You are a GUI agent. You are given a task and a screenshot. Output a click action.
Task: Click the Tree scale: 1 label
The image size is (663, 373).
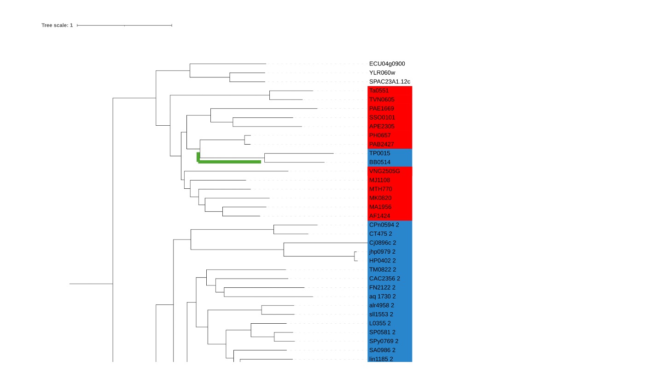click(x=57, y=25)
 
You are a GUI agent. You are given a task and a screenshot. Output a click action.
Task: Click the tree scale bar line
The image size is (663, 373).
click(x=124, y=25)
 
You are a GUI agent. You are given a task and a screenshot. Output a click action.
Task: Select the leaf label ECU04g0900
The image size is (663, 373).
click(x=387, y=64)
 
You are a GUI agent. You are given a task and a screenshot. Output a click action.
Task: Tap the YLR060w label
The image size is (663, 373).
click(x=382, y=73)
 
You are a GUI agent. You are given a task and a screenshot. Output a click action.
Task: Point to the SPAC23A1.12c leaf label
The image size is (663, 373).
click(x=390, y=82)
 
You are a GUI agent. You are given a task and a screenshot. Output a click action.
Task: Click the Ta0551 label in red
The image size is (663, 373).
click(x=379, y=91)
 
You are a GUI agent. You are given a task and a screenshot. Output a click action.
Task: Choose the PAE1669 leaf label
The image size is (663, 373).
click(x=382, y=109)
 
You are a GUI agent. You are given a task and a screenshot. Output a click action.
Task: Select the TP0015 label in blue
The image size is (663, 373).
click(x=379, y=153)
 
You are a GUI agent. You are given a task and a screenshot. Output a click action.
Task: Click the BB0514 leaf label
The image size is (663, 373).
click(x=380, y=162)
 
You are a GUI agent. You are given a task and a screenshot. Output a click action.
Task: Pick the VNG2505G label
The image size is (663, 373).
click(x=384, y=171)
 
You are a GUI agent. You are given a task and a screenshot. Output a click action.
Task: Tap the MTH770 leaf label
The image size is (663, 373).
click(x=380, y=189)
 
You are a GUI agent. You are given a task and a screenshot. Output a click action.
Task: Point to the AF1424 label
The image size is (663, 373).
click(x=379, y=216)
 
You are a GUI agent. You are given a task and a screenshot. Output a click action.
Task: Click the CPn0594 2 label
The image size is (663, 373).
click(x=384, y=225)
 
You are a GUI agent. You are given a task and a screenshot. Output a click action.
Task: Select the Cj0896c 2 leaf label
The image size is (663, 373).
click(x=383, y=243)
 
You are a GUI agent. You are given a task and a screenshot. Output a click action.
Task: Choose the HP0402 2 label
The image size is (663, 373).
click(x=383, y=261)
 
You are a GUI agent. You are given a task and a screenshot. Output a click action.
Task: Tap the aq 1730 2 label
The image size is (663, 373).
click(x=383, y=297)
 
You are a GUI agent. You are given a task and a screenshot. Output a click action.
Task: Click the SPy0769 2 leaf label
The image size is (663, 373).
click(x=384, y=341)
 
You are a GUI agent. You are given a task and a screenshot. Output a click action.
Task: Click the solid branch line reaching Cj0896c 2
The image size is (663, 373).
click(x=326, y=243)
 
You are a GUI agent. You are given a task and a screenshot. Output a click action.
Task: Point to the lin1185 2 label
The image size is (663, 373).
click(x=381, y=359)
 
